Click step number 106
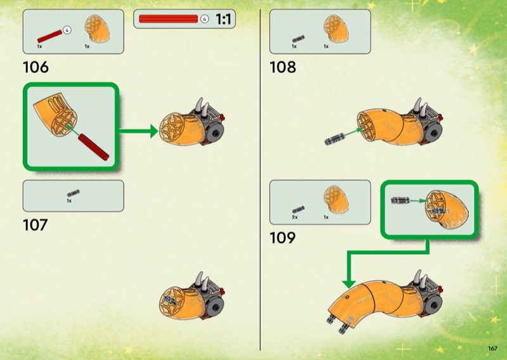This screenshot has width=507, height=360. pos(35,67)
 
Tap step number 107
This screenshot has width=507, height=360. pos(35,225)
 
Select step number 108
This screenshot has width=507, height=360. pos(283,67)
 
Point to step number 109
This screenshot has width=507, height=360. pos(283,238)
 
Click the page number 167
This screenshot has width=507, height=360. pos(492,349)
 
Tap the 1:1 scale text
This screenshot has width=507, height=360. pos(224,19)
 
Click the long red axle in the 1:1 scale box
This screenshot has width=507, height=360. pos(168,19)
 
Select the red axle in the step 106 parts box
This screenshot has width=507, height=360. pos(49,36)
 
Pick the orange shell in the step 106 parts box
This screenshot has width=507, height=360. pos(97,29)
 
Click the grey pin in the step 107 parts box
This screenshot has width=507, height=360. pos(73,193)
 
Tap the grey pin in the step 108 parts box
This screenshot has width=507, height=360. pos(298,39)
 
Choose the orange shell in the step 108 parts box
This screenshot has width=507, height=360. pos(336,29)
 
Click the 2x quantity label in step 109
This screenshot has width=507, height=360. pos(295,217)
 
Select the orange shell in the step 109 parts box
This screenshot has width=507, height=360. pos(336,200)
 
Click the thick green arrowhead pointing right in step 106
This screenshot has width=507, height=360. pos(154,131)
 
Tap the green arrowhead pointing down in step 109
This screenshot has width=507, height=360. pos(349,284)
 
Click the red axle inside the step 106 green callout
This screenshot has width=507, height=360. pos(93,147)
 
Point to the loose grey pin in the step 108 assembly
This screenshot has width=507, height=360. pos(335,139)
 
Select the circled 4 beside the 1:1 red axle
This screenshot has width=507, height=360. pos(204,19)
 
